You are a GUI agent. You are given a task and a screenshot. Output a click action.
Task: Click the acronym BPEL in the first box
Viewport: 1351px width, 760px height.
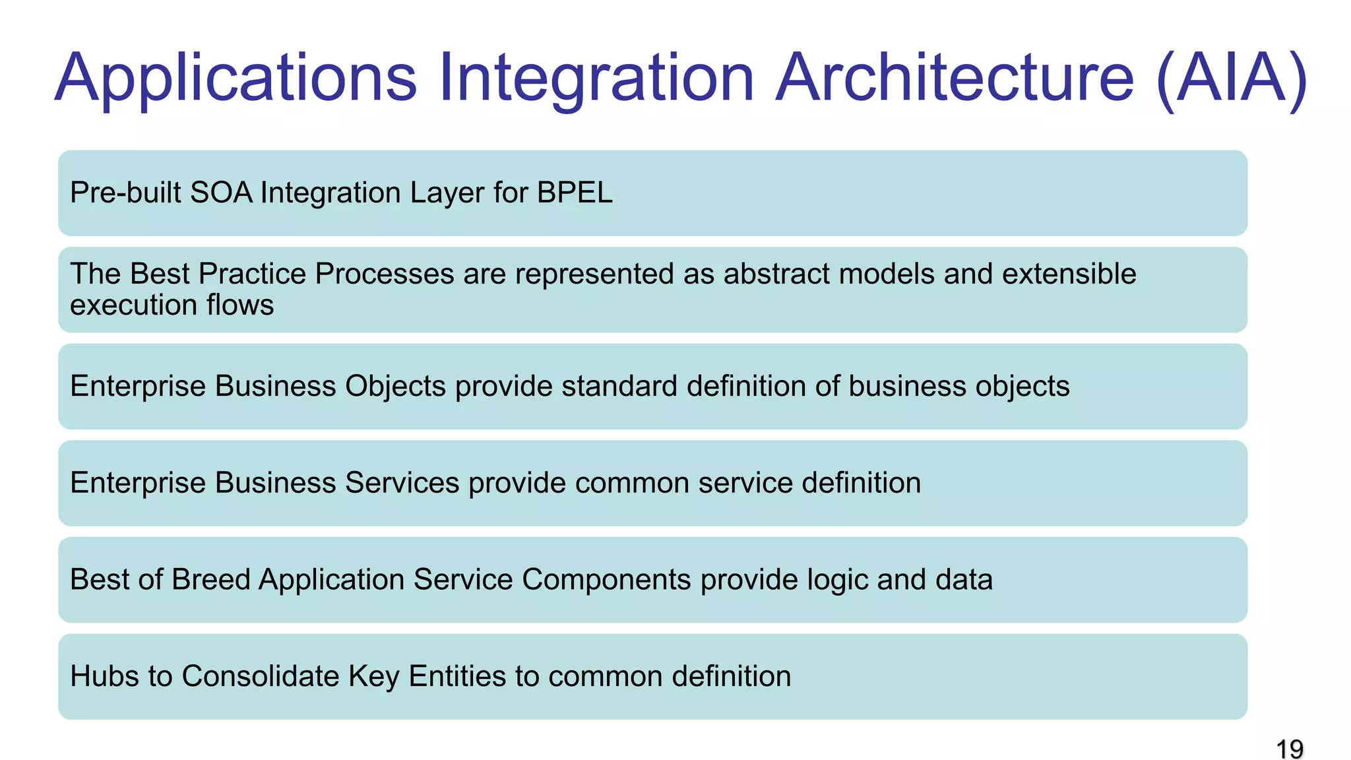point(575,193)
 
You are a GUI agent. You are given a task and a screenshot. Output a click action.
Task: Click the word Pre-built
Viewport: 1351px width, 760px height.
point(125,193)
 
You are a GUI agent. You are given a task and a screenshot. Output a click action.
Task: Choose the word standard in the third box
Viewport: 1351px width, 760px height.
point(619,387)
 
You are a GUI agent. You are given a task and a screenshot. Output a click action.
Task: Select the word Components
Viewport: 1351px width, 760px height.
point(606,580)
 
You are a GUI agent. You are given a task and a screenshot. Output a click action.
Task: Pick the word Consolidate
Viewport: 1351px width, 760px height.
point(260,676)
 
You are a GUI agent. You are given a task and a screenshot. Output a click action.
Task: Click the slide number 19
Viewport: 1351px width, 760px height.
point(1289,749)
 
